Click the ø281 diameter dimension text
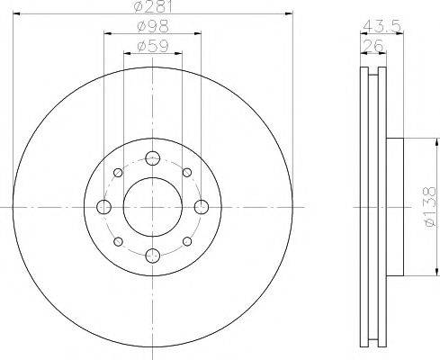tap(150, 8)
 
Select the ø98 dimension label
tap(150, 27)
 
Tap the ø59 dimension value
tap(150, 45)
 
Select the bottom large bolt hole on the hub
tap(152, 255)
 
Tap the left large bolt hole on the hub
tap(103, 207)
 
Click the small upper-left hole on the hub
tap(118, 173)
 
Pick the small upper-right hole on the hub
tap(186, 173)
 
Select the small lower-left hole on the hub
tap(118, 241)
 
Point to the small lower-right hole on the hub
tap(186, 241)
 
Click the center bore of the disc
tap(152, 207)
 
